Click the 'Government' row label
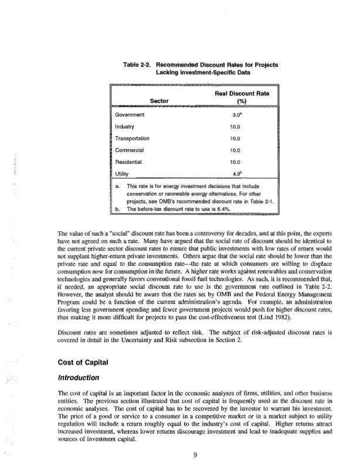[x=130, y=116]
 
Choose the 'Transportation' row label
[x=133, y=139]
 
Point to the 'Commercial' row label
[x=130, y=150]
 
